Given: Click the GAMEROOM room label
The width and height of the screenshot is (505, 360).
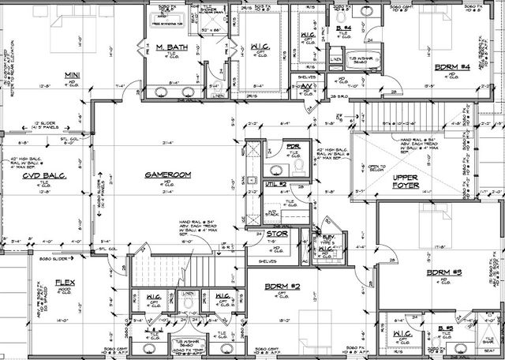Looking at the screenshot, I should click(x=164, y=174).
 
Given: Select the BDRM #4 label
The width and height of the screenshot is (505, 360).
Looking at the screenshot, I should click(x=446, y=67).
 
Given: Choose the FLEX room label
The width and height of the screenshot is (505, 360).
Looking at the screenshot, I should click(x=64, y=281).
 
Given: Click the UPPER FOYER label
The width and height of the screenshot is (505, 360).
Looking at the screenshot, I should click(x=411, y=183).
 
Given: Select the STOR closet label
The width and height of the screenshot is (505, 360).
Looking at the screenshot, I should click(x=275, y=234).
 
